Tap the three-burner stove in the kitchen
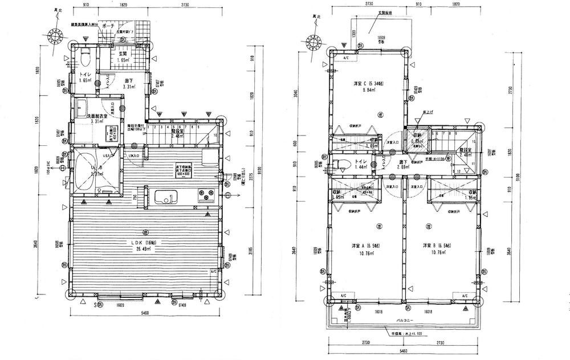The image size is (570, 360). pyautogui.click(x=203, y=196)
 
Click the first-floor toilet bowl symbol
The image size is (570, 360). pyautogui.click(x=84, y=58)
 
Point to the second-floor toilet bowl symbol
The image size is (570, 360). pyautogui.click(x=342, y=166)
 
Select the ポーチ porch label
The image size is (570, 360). pyautogui.click(x=110, y=25)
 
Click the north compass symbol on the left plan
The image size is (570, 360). pyautogui.click(x=58, y=36)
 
